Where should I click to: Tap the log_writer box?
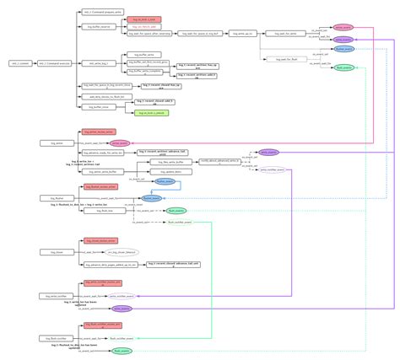coord(52,143)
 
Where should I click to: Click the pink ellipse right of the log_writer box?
coord(119,143)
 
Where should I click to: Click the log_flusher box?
coord(52,198)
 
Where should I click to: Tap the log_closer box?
coord(52,252)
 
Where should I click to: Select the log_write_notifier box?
coord(52,297)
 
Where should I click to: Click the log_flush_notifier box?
coord(52,337)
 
